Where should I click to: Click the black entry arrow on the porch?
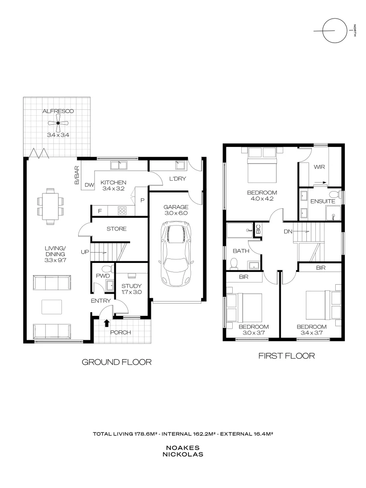[107, 323]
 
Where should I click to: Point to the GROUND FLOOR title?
[116, 362]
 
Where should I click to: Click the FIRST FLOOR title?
[286, 356]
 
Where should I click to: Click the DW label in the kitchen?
[89, 185]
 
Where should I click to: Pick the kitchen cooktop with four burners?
[122, 210]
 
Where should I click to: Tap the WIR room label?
[319, 167]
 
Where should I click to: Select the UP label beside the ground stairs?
[84, 252]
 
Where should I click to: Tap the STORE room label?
[117, 229]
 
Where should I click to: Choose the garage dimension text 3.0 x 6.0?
[176, 213]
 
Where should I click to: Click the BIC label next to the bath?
[258, 229]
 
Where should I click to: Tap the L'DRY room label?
[178, 179]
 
